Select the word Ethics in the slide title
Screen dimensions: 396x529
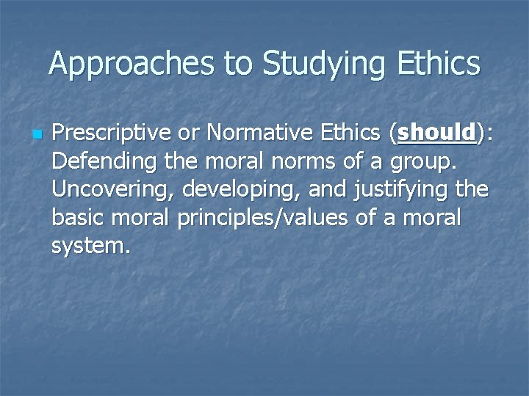click(x=442, y=64)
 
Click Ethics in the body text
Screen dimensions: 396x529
click(x=355, y=133)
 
